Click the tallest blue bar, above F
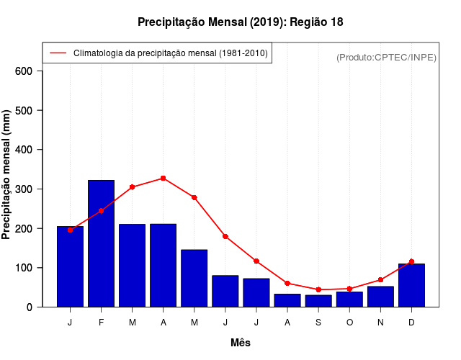pyautogui.click(x=101, y=243)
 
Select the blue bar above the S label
pyautogui.click(x=318, y=301)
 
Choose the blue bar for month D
pyautogui.click(x=411, y=285)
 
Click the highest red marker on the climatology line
pyautogui.click(x=164, y=178)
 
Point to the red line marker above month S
pyautogui.click(x=318, y=289)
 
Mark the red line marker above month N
pyautogui.click(x=380, y=280)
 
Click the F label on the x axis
pyautogui.click(x=101, y=323)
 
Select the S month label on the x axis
pyautogui.click(x=318, y=323)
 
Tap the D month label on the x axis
pyautogui.click(x=411, y=323)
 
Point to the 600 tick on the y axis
pyautogui.click(x=24, y=71)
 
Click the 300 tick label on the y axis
pyautogui.click(x=24, y=189)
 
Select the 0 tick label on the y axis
pyautogui.click(x=30, y=307)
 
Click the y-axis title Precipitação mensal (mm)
pyautogui.click(x=7, y=175)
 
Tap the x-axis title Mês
pyautogui.click(x=241, y=343)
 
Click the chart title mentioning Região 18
pyautogui.click(x=241, y=22)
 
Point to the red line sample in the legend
pyautogui.click(x=58, y=53)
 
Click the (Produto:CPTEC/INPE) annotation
pyautogui.click(x=387, y=57)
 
